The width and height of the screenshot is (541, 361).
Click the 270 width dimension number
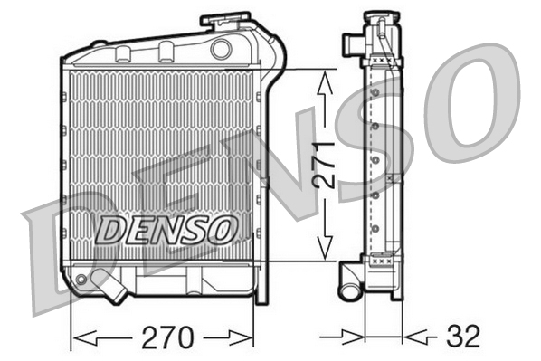pos(168,337)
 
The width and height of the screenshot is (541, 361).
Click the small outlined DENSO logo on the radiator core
pos(166,230)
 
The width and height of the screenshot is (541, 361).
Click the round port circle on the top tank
pos(221,49)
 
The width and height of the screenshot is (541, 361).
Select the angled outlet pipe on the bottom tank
pos(113,288)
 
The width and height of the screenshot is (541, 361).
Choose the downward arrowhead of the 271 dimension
pos(323,246)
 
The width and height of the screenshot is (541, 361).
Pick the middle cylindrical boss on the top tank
pos(166,49)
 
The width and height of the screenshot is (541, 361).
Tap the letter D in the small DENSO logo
pos(110,231)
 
